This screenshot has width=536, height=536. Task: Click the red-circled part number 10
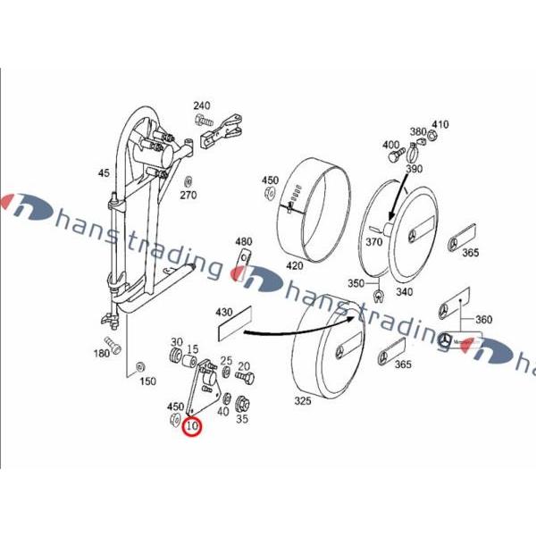(192, 428)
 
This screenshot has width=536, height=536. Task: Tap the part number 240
(201, 105)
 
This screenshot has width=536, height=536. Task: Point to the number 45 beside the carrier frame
(104, 174)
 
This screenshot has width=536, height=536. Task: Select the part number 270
(188, 196)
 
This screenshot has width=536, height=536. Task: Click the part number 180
(102, 354)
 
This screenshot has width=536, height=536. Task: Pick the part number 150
(147, 381)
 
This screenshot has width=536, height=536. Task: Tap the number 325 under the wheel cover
(303, 402)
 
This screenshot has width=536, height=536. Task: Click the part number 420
(294, 265)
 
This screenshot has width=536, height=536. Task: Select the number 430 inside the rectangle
(224, 314)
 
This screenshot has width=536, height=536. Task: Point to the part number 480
(244, 242)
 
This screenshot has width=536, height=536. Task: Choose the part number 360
(483, 320)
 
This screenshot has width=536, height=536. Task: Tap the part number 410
(440, 124)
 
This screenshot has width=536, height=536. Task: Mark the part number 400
(391, 145)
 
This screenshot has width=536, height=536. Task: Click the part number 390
(413, 169)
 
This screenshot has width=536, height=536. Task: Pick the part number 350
(356, 283)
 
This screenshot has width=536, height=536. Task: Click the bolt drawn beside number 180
(113, 341)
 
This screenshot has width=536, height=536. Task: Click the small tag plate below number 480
(243, 264)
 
